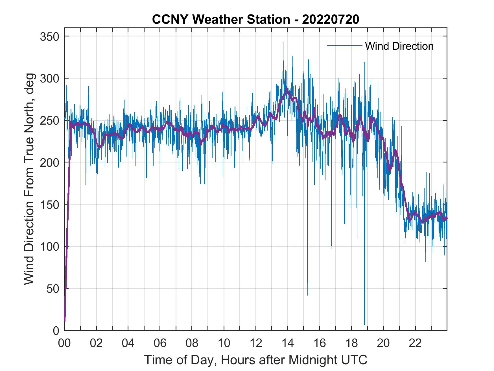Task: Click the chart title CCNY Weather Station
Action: (255, 19)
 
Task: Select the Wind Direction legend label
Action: (399, 46)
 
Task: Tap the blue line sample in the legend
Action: (344, 46)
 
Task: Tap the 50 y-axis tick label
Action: (53, 289)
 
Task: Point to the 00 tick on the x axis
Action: (64, 344)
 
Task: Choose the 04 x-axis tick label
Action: (128, 344)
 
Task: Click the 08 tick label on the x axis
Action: (192, 344)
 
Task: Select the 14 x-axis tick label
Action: (288, 344)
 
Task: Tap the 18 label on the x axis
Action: (351, 344)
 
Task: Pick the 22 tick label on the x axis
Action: (415, 344)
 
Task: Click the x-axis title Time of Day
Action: (255, 360)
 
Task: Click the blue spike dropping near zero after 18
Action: (364, 322)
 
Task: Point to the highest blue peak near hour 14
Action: (283, 43)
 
